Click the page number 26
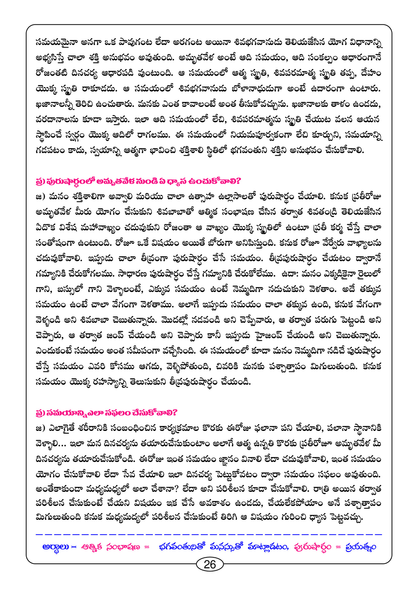click(210, 564)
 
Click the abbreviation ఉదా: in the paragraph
click(291, 274)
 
